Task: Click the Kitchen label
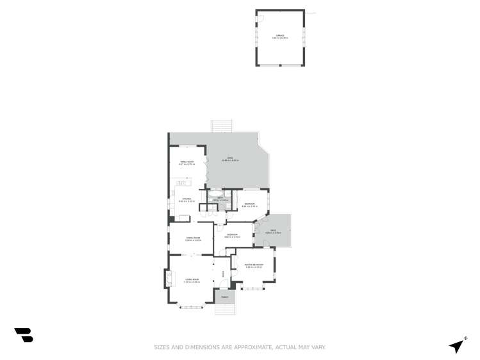tap(186, 200)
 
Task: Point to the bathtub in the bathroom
tap(216, 192)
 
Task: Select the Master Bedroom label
tap(254, 266)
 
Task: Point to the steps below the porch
tap(224, 309)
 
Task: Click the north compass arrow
tap(458, 345)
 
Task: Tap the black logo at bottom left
tap(24, 335)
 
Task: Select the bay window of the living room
tap(191, 307)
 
